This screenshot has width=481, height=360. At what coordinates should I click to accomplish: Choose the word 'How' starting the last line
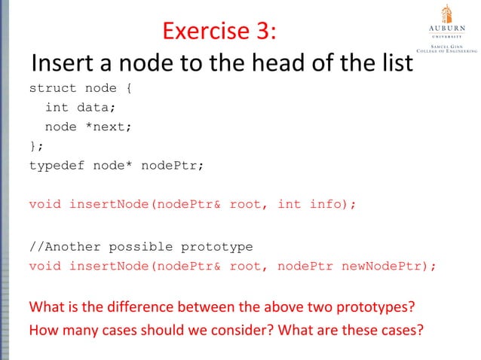point(42,329)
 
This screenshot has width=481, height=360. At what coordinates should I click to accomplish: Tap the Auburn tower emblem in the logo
point(447,14)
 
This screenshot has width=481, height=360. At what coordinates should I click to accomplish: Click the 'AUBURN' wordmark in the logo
point(447,30)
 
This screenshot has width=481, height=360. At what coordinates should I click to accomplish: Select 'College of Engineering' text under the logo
point(449,50)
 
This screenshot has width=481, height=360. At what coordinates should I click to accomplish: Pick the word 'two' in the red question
point(318,308)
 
